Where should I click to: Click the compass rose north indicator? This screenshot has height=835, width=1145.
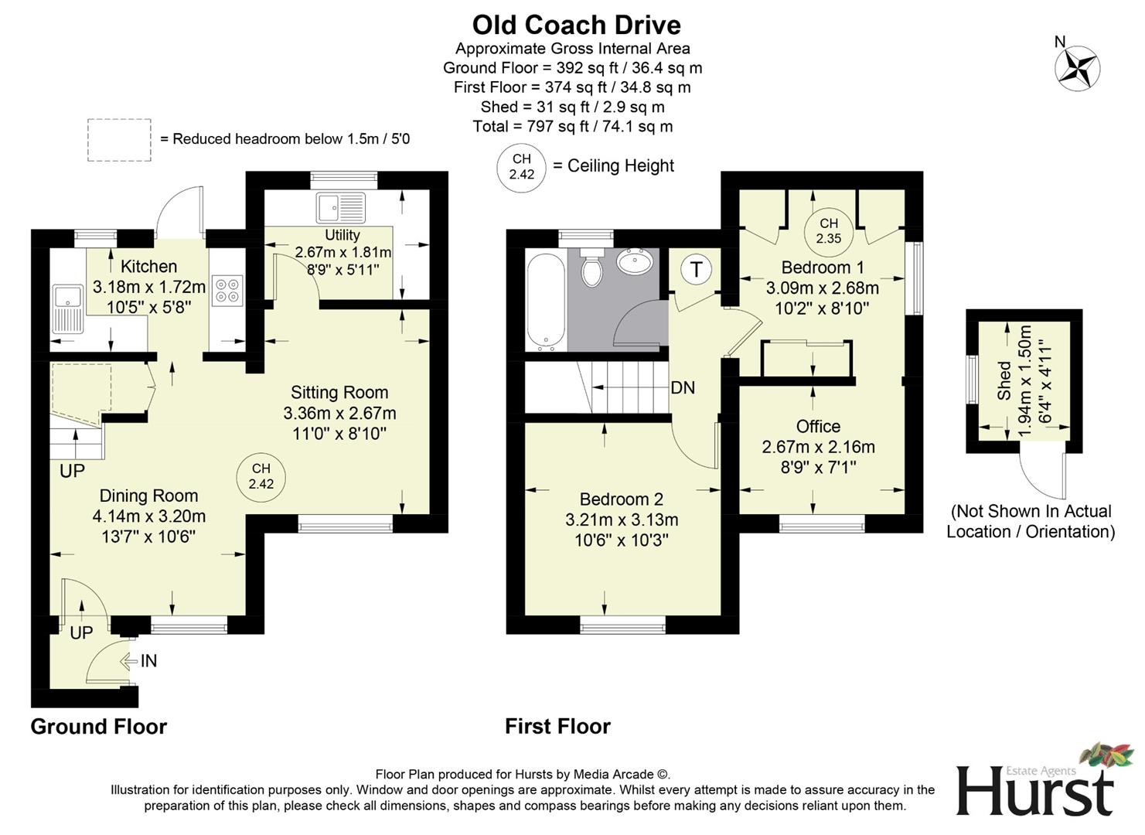coord(1077,66)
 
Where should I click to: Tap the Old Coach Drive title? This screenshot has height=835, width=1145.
coord(576,25)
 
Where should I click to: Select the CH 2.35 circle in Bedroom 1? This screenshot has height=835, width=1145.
coord(828,230)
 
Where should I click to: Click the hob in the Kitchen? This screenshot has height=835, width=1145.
coord(227,289)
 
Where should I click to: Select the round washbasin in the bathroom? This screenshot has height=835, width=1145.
coord(636,261)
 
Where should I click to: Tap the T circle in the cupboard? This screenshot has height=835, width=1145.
coord(697,269)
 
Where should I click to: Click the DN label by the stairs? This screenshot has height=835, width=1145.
coord(683,387)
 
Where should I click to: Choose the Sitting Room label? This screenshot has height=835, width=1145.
coord(339,392)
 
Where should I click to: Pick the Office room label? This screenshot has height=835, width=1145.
coord(818,426)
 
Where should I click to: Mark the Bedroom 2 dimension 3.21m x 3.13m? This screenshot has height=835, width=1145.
coord(622,520)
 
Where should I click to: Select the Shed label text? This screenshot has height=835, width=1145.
coord(1004,380)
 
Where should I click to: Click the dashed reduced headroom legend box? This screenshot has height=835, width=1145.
coord(119,139)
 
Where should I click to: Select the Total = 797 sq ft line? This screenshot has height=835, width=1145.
coord(572,126)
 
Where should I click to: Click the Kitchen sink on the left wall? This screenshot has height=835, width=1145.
coord(68,308)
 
